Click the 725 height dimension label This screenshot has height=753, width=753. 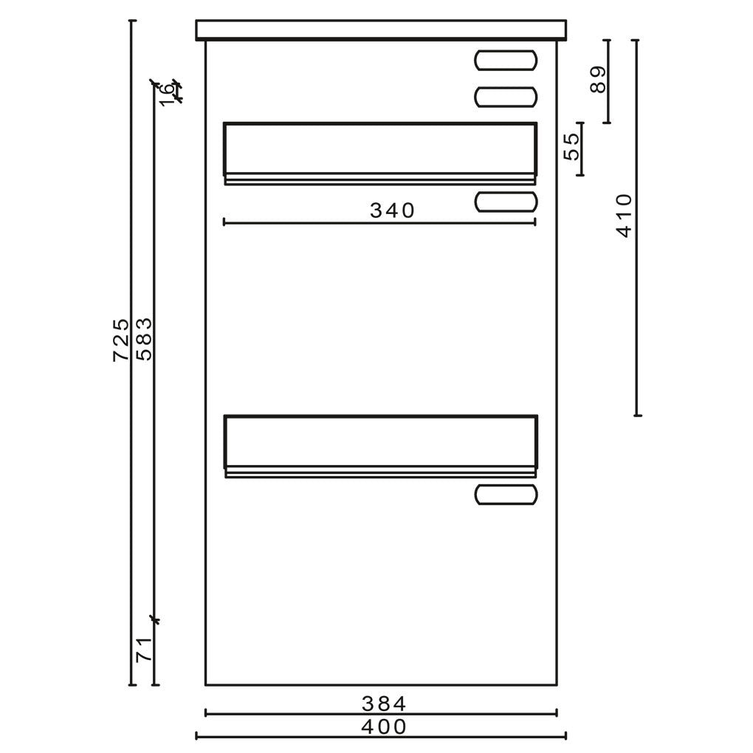pyautogui.click(x=120, y=340)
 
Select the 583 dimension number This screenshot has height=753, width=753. pyautogui.click(x=144, y=339)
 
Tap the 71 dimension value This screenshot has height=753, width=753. pyautogui.click(x=144, y=650)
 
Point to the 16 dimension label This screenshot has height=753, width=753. pyautogui.click(x=165, y=94)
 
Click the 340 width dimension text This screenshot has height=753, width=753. pyautogui.click(x=392, y=210)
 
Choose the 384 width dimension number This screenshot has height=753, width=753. pyautogui.click(x=384, y=704)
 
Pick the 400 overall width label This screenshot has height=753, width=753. pyautogui.click(x=384, y=726)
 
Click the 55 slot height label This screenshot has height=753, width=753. pyautogui.click(x=571, y=146)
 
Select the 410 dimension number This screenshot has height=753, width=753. pyautogui.click(x=625, y=216)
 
